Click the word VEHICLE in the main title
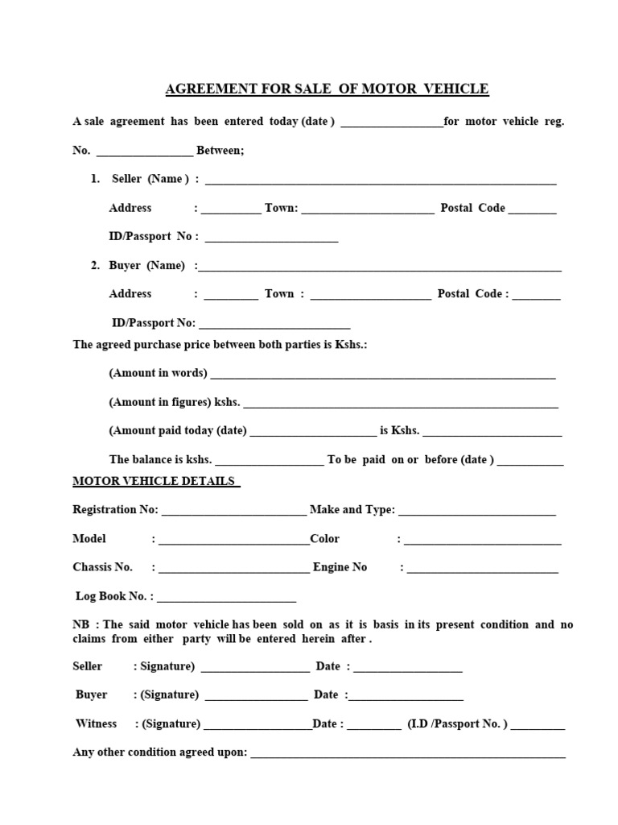pyautogui.click(x=458, y=89)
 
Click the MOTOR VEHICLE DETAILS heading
pyautogui.click(x=155, y=481)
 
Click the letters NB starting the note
pyautogui.click(x=80, y=624)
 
